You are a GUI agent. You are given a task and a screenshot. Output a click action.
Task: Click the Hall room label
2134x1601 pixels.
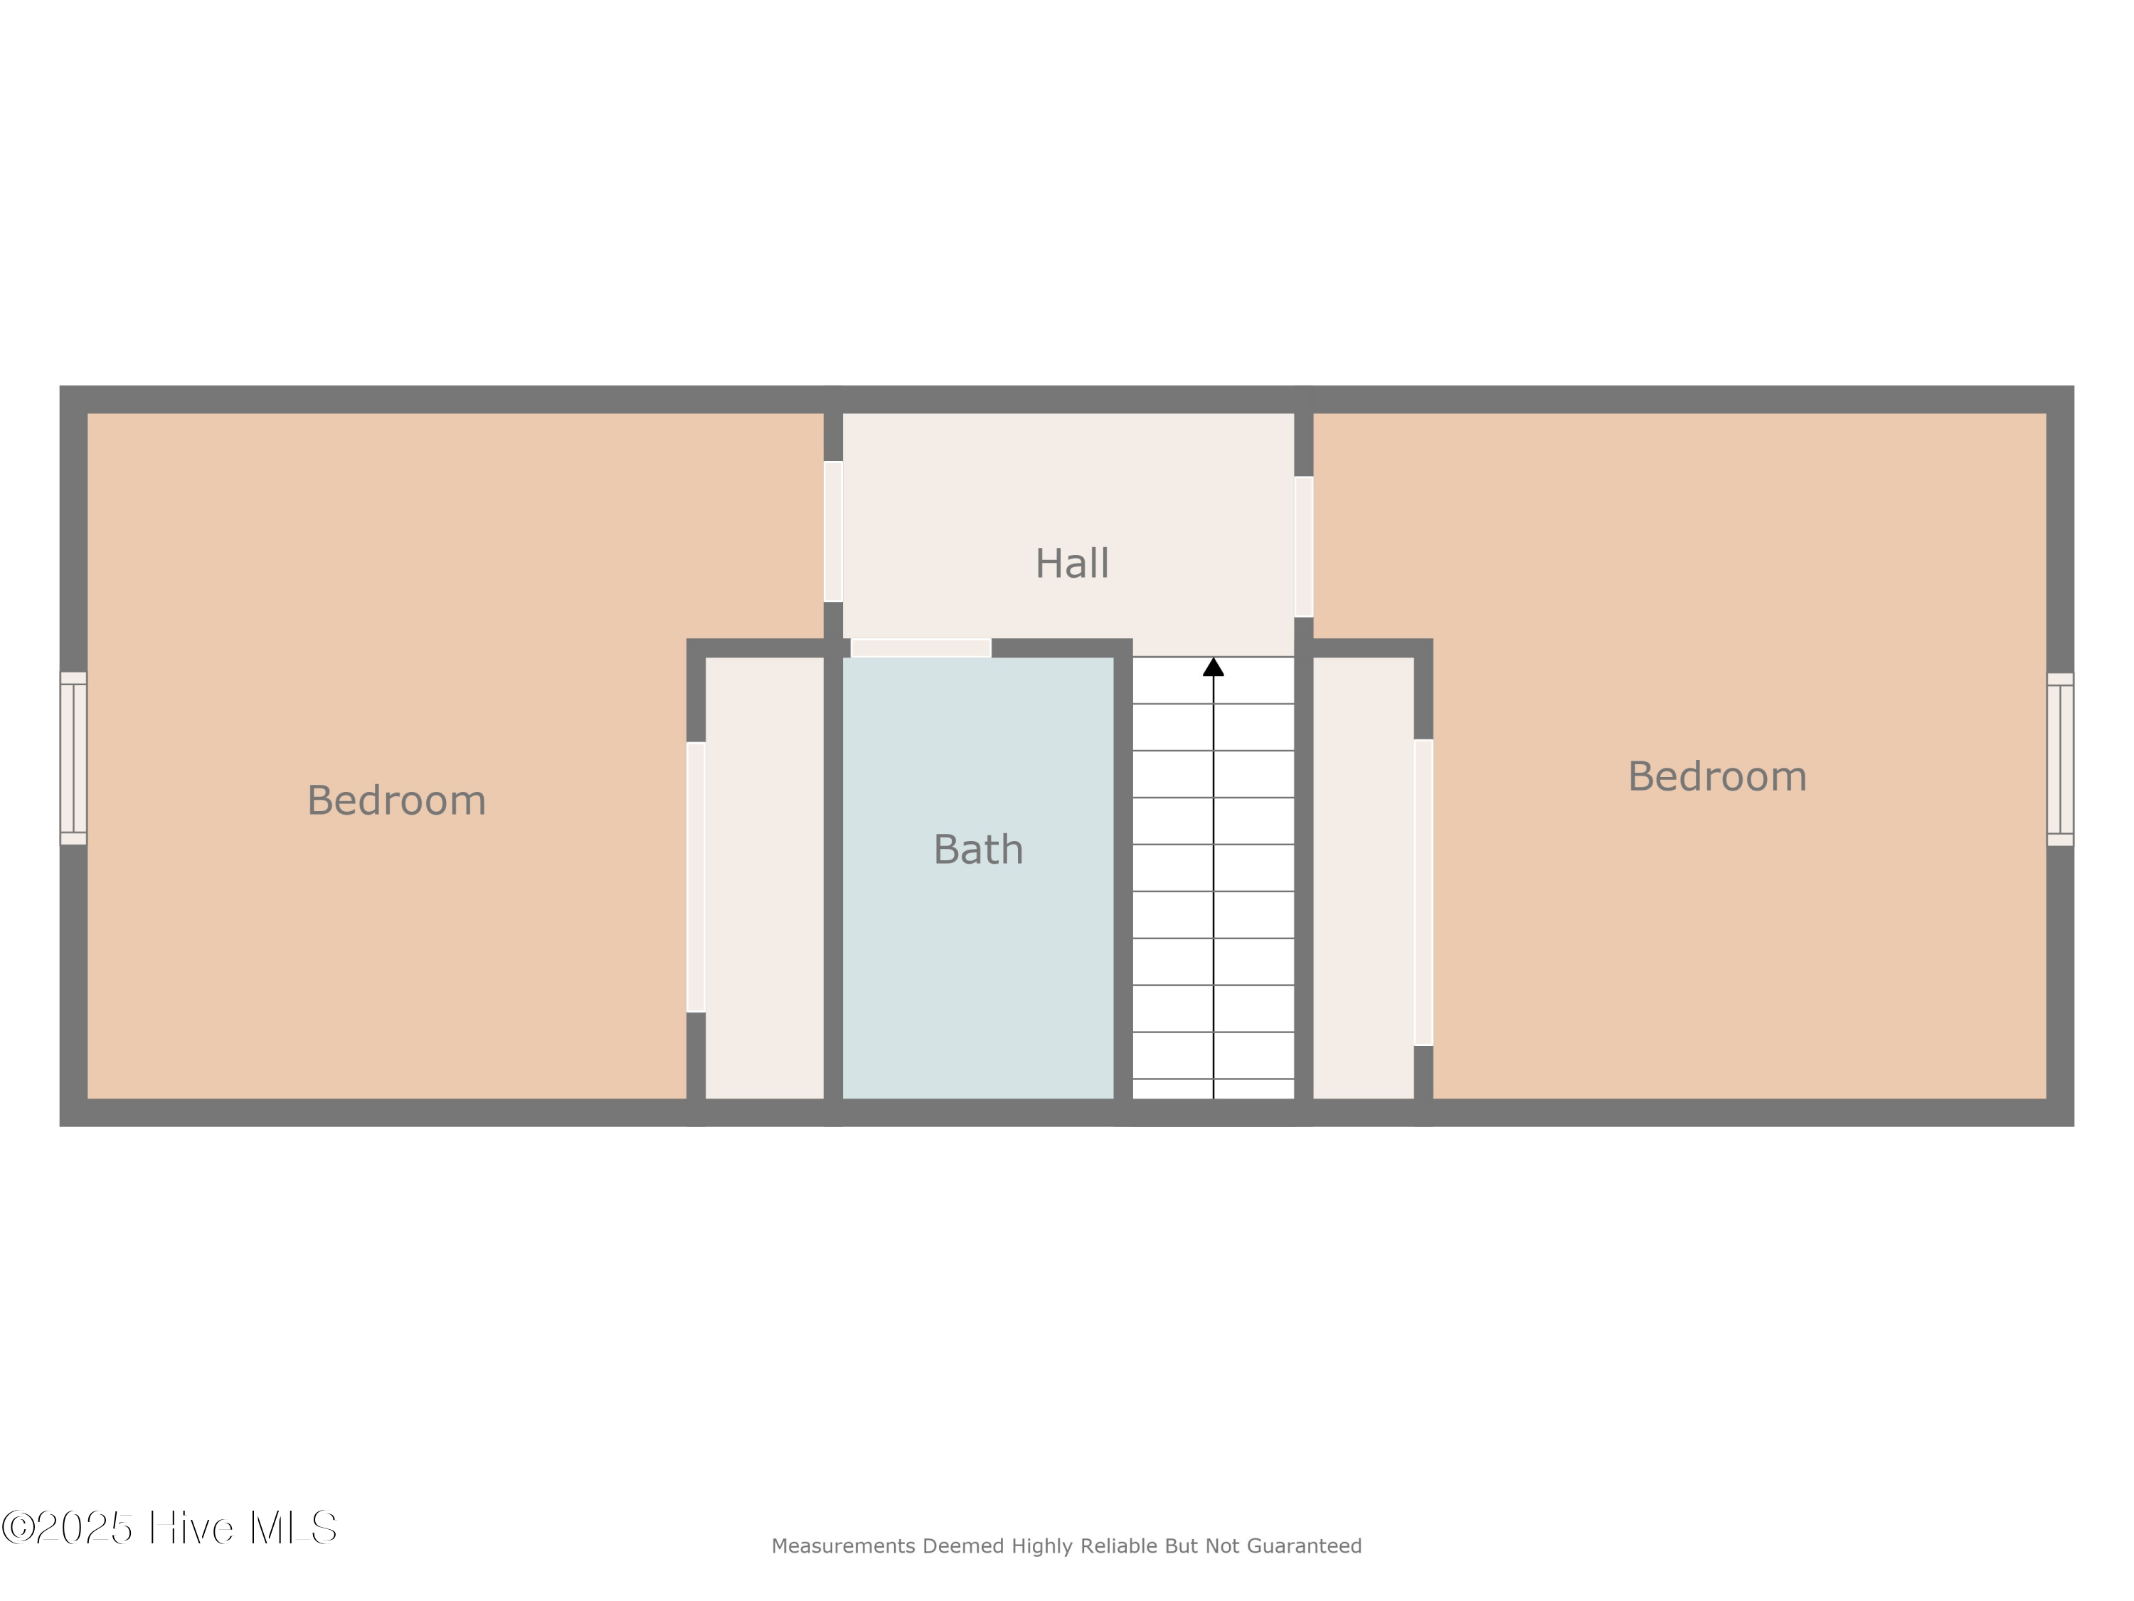point(1072,564)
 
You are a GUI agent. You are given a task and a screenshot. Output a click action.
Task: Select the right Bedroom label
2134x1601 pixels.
point(1717,777)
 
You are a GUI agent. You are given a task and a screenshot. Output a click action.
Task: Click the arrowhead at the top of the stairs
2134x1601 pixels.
point(1214,667)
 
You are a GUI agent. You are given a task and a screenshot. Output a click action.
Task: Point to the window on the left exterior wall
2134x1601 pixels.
point(73,759)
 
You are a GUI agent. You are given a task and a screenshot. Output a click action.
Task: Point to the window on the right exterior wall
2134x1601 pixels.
point(2060,759)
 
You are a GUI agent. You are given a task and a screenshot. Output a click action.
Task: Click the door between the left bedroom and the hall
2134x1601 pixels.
point(834,532)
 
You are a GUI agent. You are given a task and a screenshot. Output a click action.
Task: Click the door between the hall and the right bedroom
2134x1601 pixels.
point(1303,546)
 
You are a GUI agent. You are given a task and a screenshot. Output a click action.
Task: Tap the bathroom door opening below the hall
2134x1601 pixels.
point(921,648)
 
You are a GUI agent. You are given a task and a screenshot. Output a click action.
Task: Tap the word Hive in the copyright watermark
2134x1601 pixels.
point(191,1528)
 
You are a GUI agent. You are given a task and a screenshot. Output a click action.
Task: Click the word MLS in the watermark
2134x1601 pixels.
point(292,1528)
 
